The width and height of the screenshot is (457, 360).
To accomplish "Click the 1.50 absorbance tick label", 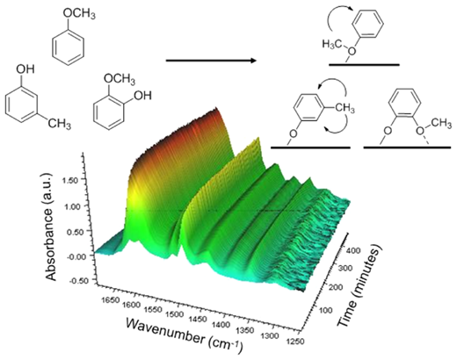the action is point(69,180).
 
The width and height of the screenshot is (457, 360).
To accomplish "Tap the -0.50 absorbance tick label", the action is point(78,280).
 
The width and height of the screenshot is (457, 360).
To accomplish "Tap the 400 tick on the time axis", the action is point(354,250).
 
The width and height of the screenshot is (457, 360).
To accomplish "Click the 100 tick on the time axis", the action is point(325,310).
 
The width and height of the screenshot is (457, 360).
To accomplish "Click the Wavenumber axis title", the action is point(185,335).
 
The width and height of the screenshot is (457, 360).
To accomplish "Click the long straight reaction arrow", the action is point(211,61).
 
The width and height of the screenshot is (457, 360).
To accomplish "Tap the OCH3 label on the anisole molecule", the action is point(79,14).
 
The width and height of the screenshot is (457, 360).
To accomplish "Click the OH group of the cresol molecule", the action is point(25,69).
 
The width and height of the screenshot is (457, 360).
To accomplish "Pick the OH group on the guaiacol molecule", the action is point(142,95).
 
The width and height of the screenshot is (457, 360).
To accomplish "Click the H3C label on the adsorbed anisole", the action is point(333,45).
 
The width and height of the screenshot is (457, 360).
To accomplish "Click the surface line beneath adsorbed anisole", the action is point(364,64).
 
